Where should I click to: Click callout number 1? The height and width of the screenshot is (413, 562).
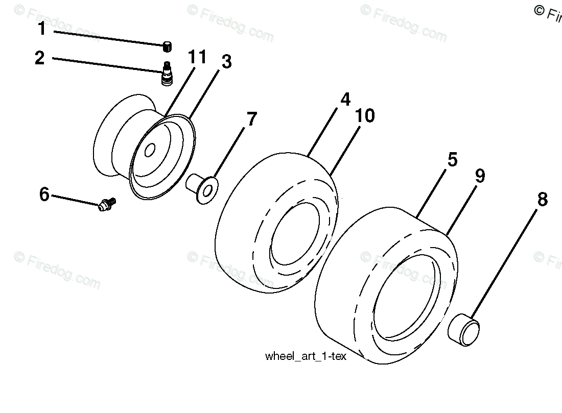(x=42, y=29)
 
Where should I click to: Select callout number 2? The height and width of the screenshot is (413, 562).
(x=40, y=58)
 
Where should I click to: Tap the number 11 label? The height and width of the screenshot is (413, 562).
(x=197, y=57)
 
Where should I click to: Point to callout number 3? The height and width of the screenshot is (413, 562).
(x=226, y=62)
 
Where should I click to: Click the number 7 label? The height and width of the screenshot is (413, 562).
(x=251, y=119)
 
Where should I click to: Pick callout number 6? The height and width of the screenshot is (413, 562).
(x=44, y=194)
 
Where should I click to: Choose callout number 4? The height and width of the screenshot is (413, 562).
(x=346, y=99)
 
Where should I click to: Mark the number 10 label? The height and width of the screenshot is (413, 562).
(x=365, y=116)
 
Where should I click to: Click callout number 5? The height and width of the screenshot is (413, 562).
(x=452, y=160)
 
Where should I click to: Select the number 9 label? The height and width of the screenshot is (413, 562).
(x=479, y=176)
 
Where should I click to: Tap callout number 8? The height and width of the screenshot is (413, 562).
(x=542, y=200)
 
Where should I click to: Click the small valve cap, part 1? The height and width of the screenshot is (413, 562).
(x=167, y=47)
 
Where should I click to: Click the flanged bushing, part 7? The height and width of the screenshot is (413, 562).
(x=203, y=187)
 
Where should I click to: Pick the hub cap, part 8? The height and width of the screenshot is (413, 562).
(x=464, y=331)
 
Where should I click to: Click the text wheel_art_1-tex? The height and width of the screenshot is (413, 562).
(x=306, y=356)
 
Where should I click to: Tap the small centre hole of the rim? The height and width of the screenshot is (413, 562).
(x=150, y=151)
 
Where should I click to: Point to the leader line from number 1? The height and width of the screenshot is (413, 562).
(x=107, y=38)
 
